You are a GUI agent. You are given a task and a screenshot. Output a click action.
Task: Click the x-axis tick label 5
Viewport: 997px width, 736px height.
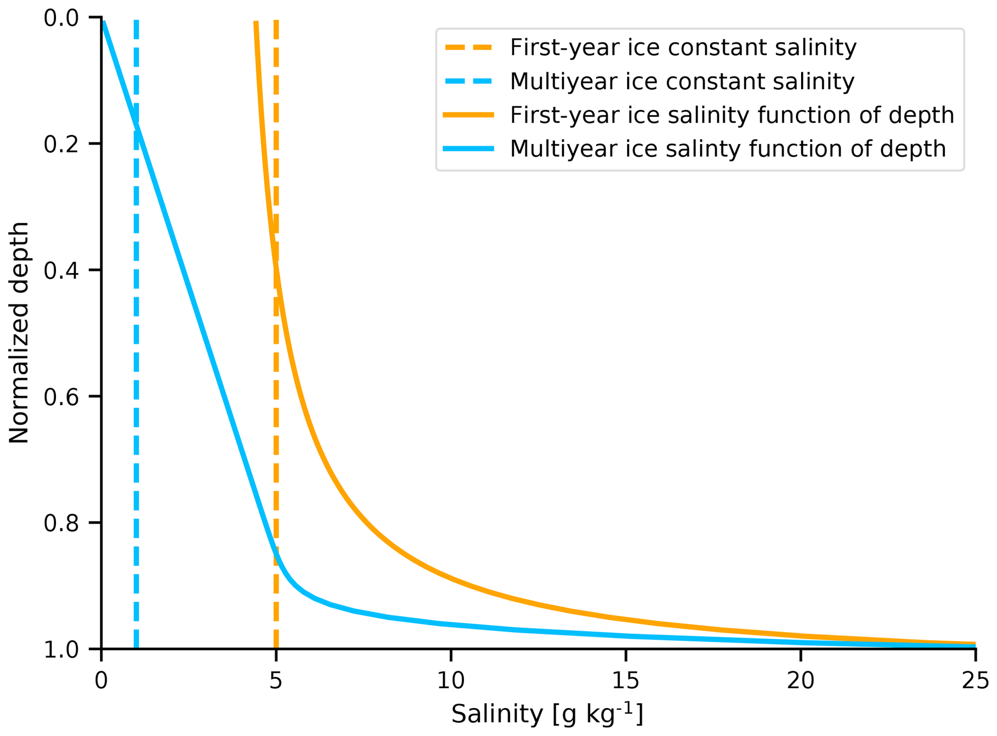[x=275, y=681]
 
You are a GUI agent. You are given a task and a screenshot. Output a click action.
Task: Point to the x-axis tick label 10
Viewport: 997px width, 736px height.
[x=451, y=681]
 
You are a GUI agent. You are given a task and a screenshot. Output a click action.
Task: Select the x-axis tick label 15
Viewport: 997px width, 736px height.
[x=626, y=681]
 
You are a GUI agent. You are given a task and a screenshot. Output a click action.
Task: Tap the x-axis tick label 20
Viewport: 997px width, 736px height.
[x=801, y=681]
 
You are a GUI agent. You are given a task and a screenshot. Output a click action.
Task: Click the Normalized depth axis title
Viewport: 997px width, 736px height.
[x=19, y=333]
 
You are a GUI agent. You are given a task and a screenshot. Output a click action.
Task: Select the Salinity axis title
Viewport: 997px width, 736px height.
[x=547, y=714]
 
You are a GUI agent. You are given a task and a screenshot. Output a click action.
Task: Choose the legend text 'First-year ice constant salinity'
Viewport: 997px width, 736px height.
[x=683, y=48]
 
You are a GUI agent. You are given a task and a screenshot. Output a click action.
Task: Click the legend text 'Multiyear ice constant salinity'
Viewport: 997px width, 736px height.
[x=682, y=82]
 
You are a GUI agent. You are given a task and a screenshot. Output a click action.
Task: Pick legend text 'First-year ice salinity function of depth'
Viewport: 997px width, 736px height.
[x=732, y=115]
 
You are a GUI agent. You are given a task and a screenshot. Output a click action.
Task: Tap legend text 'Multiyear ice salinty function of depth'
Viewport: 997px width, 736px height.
[x=728, y=149]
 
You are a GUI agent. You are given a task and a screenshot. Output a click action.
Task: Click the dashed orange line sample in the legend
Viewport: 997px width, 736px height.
[x=468, y=48]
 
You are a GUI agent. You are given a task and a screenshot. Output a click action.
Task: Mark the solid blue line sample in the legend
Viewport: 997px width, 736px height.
[x=468, y=149]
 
